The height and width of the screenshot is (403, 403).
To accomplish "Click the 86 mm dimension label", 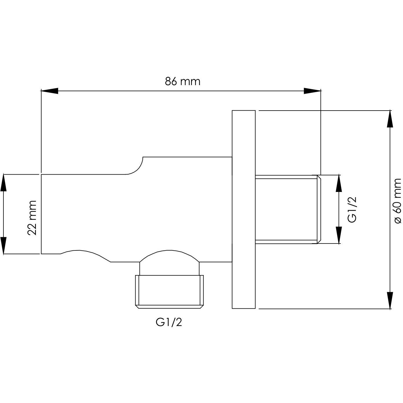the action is coord(182,81).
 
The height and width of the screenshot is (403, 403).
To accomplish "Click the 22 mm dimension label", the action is coord(32,218).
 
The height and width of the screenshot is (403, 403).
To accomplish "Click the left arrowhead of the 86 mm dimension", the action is coord(50,91).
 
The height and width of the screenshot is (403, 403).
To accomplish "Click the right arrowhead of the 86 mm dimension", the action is coord(312,91).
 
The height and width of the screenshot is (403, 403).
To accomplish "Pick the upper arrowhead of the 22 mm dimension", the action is coord(3,183).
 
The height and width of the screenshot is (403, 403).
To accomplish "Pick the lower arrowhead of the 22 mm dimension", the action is coord(3,245).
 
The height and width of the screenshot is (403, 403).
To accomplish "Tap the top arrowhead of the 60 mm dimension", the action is coord(390,119).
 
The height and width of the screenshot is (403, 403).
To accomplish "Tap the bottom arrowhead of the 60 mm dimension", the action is coord(390,300).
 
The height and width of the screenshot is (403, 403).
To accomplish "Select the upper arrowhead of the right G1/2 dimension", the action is coord(339,184).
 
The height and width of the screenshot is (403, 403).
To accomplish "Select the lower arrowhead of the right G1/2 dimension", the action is coord(339,235).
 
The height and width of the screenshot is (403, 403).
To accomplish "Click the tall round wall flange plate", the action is coord(244,209).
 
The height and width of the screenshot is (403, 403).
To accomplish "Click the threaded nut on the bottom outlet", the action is coord(169,292).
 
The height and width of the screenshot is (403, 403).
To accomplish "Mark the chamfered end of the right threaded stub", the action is coord(319,209).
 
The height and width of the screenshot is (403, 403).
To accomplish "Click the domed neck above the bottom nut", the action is coord(169,263).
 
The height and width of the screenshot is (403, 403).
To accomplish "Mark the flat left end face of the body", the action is coord(41,214).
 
